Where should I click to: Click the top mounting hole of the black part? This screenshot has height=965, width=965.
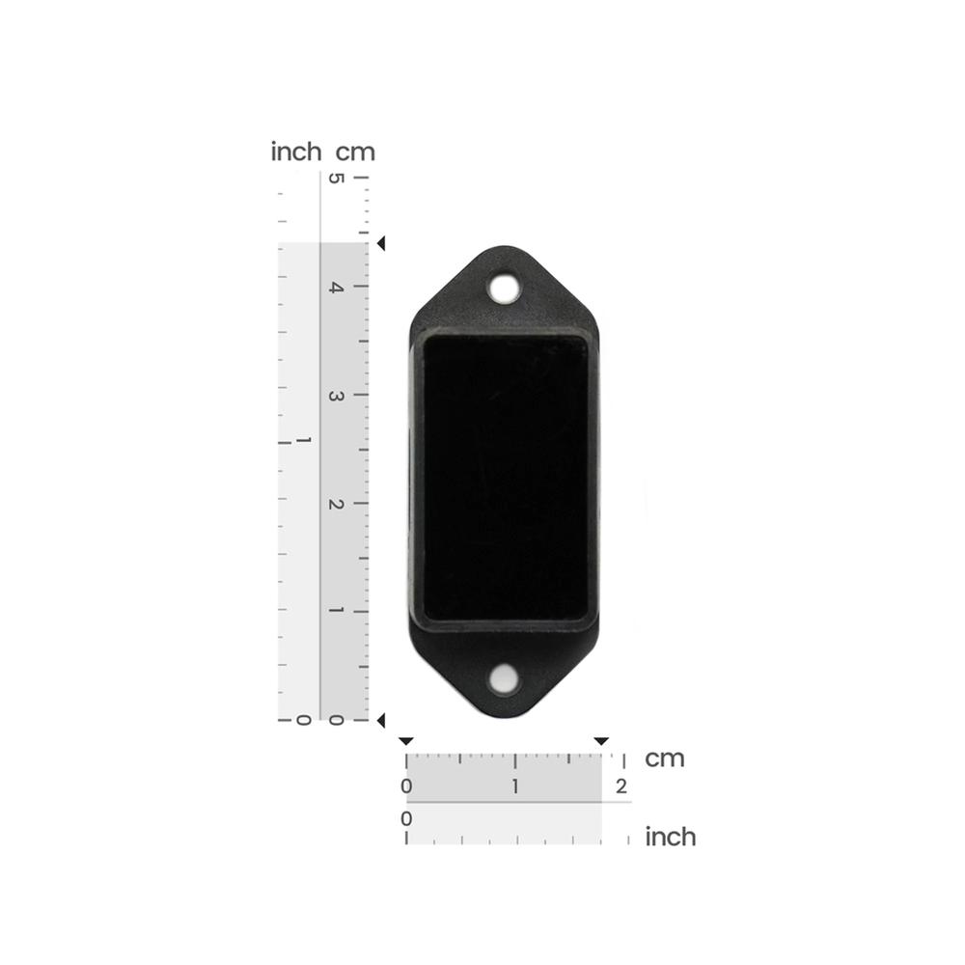point(503,287)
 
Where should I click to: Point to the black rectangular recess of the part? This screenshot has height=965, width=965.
point(506,478)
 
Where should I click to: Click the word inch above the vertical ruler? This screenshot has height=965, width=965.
point(296,152)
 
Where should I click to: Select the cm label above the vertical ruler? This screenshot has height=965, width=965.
point(355,152)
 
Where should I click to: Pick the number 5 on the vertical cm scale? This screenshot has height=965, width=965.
point(336,179)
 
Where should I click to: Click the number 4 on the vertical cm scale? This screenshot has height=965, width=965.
point(336,288)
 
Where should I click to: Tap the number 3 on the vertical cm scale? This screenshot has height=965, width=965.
point(336,396)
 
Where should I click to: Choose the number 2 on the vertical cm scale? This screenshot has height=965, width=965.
point(336,504)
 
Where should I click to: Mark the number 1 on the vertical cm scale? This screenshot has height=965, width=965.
point(336,611)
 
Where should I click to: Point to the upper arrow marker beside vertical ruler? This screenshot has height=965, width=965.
point(381,244)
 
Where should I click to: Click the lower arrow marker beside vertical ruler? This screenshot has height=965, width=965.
point(381,720)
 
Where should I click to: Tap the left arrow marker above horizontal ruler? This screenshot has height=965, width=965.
point(406,741)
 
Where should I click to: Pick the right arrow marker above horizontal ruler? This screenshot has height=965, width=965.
point(601,741)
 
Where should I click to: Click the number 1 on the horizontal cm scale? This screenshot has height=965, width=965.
point(515,786)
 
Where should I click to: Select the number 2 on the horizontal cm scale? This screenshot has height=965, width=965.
point(621,786)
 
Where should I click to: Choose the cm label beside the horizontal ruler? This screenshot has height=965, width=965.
point(665,758)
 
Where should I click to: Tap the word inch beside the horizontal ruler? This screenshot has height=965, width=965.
point(670,837)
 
